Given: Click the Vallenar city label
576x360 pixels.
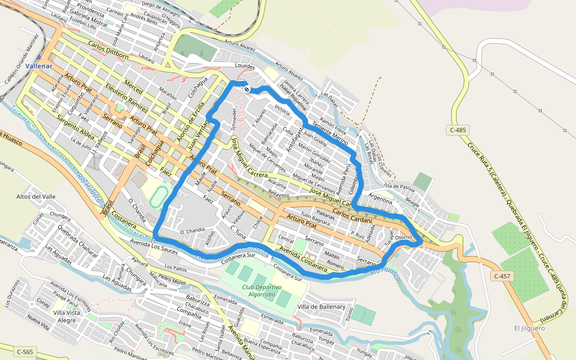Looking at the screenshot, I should click(x=40, y=66).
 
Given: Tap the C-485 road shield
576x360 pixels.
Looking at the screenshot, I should click(x=458, y=130).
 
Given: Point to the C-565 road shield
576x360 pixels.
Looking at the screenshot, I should click(x=25, y=352).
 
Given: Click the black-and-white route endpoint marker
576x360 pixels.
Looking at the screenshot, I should click(x=247, y=89).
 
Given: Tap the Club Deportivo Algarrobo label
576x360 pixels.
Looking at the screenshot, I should click(x=262, y=290).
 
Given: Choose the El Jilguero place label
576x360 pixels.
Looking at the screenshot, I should click(x=529, y=328).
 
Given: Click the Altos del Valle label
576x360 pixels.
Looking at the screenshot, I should click(x=35, y=197).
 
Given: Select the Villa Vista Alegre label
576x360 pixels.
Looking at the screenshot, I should click(x=66, y=316).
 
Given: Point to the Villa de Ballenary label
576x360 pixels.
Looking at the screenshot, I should click(x=321, y=307).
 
